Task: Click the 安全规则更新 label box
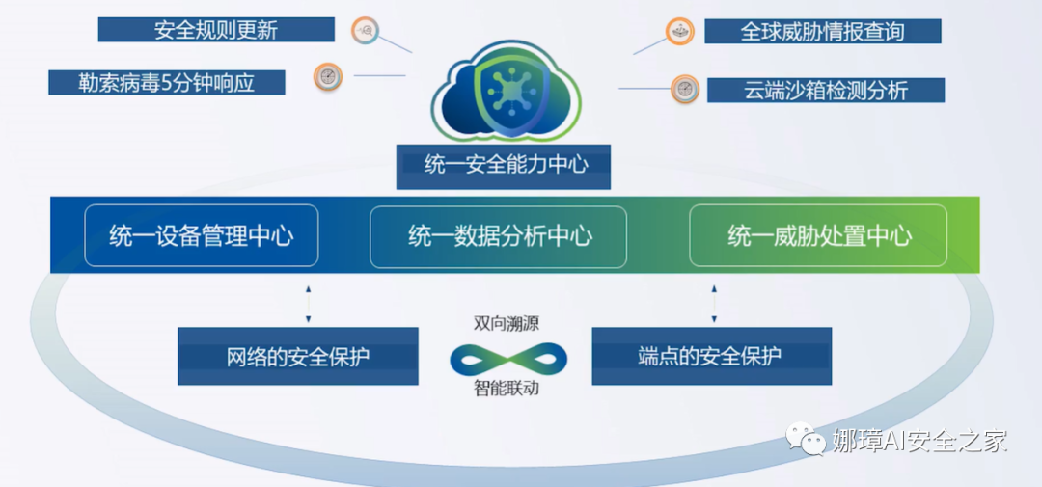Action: point(216,30)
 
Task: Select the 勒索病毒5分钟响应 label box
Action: point(166,81)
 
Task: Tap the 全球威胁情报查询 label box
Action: point(822,31)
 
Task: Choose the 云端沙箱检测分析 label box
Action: point(825,91)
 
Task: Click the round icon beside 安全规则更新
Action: point(366,30)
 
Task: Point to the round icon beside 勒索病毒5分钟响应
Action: point(328,75)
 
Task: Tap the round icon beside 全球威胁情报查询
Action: point(679,31)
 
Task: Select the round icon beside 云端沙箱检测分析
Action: point(684,89)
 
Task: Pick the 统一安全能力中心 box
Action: point(506,165)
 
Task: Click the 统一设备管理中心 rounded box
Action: point(201,235)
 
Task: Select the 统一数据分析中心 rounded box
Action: point(499,235)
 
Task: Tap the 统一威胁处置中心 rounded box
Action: point(818,235)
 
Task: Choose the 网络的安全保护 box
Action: point(297,356)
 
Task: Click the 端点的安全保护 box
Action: point(710,356)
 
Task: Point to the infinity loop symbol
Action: point(507,359)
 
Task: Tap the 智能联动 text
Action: point(507,390)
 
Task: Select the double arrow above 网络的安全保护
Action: point(308,304)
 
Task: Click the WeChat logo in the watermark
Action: point(804,439)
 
